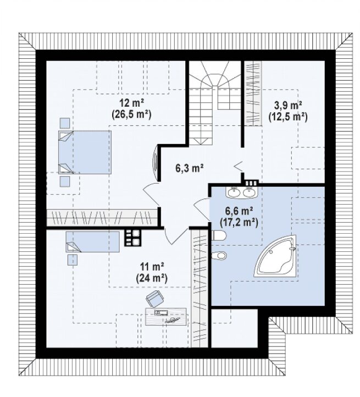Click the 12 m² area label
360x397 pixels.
132,103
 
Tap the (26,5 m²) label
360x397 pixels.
131,115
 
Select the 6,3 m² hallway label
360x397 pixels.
190,168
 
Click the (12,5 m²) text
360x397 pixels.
288,117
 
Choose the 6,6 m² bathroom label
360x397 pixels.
240,211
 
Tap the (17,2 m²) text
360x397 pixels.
239,223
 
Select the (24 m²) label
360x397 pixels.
152,278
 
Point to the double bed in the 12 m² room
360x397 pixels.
85,152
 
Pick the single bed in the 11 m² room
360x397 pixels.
93,242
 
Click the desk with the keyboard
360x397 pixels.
167,316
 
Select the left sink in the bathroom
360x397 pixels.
233,192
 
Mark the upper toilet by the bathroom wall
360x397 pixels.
219,235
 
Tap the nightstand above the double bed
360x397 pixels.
65,123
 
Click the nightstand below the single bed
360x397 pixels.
73,260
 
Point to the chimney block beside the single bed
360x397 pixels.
132,238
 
